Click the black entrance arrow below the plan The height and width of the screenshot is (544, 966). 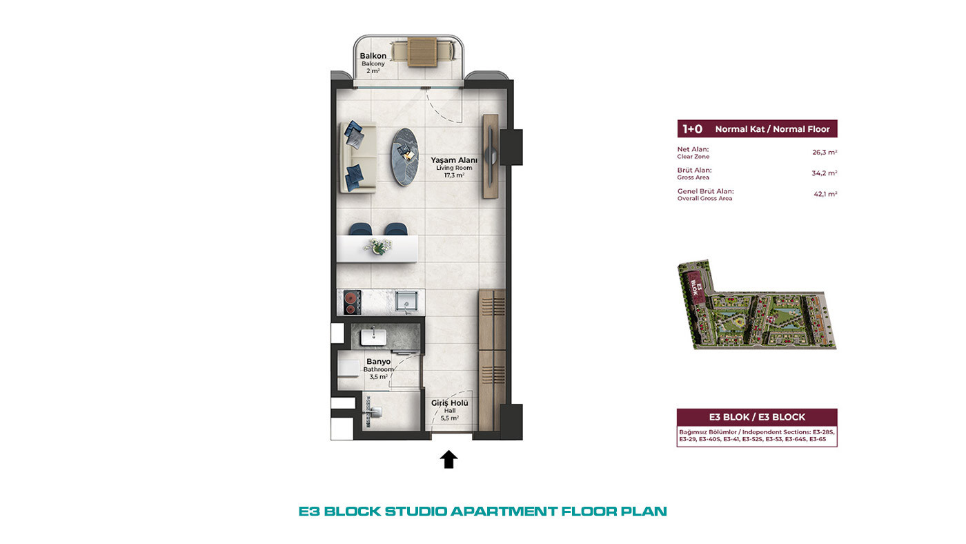(448, 459)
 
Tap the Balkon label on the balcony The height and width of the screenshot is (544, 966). (373, 56)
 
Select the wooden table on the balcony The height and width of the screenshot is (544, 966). (422, 52)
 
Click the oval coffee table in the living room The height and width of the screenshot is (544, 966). (405, 157)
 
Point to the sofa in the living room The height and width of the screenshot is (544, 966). (357, 157)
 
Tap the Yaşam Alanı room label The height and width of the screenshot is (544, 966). (454, 160)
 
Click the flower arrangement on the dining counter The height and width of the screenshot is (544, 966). (378, 246)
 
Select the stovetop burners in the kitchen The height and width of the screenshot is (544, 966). (353, 302)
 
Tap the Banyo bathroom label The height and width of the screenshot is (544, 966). (378, 362)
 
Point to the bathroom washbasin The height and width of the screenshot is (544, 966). (373, 336)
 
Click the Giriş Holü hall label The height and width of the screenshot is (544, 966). (449, 403)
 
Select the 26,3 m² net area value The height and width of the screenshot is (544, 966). (824, 153)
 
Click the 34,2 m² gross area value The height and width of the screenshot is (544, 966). (824, 173)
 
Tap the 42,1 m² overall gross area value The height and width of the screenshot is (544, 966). (825, 194)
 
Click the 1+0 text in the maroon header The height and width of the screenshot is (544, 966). (692, 129)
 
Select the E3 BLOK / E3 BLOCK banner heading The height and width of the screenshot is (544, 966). (757, 417)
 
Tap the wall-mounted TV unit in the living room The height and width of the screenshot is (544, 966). (491, 156)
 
